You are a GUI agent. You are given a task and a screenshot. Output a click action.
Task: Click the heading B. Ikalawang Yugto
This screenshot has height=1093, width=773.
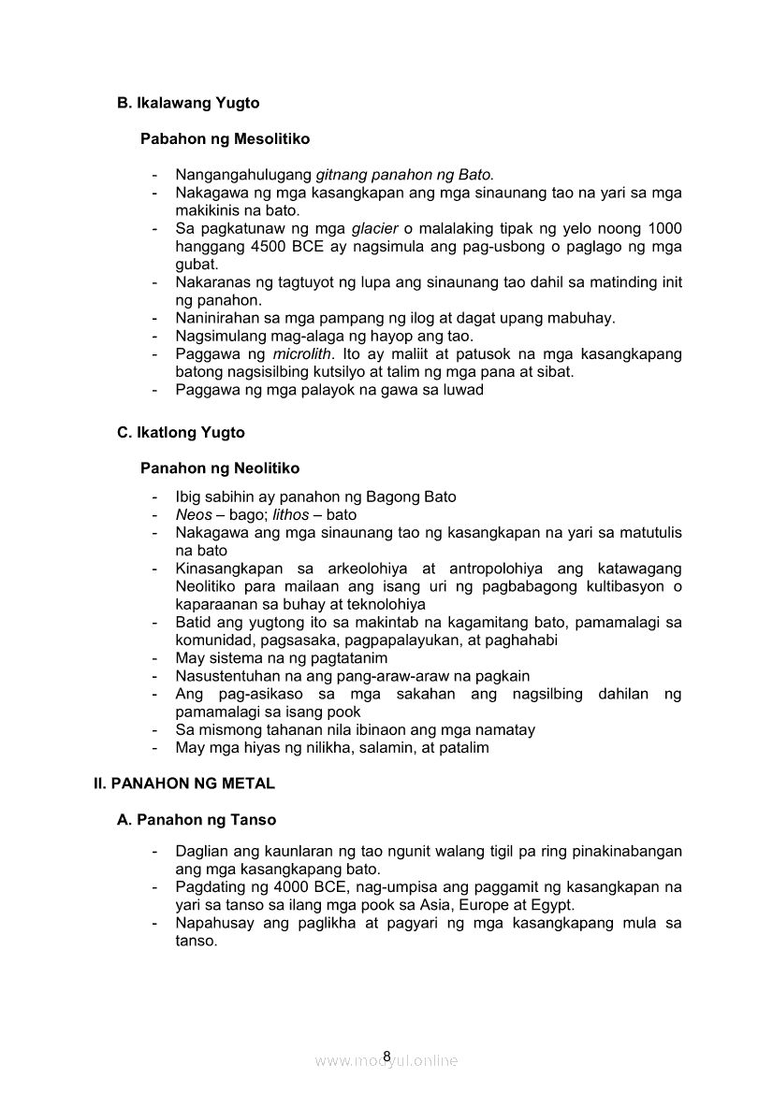click(188, 103)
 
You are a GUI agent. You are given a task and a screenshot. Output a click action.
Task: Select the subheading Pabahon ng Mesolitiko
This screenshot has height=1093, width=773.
click(225, 138)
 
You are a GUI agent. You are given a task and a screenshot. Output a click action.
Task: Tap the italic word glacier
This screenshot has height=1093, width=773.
click(374, 229)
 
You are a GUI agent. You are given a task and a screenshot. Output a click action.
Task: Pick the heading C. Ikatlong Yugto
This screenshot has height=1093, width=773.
click(181, 433)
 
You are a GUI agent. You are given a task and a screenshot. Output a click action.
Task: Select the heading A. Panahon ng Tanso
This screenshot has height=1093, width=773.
click(197, 820)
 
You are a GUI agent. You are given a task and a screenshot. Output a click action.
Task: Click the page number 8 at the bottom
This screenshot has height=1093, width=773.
click(386, 1057)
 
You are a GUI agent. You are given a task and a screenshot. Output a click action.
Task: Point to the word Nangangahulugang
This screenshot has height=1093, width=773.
click(243, 175)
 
